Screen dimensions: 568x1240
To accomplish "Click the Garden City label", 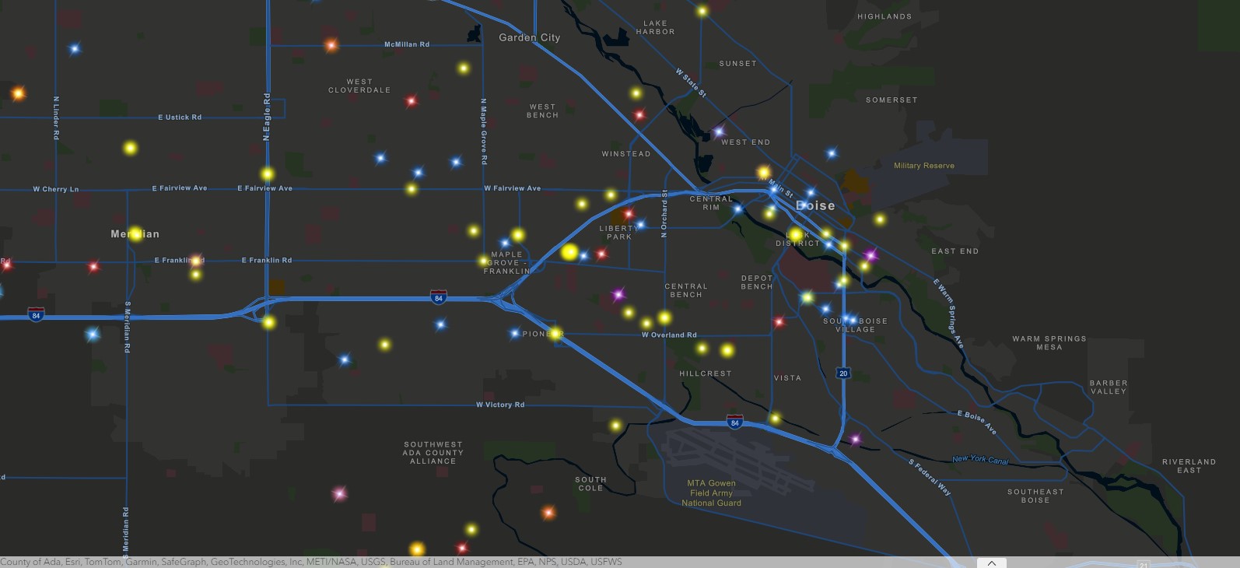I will point(529,37).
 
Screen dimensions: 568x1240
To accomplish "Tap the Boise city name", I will point(815,206).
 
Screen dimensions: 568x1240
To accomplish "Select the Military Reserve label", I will point(923,166).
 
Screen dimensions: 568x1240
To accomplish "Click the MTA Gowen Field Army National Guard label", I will point(711,493).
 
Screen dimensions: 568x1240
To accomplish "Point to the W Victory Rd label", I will point(500,405).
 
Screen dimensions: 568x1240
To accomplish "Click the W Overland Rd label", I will point(669,335).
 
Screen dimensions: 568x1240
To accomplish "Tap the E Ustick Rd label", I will point(180,117).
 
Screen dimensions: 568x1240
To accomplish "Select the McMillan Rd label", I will point(407,44).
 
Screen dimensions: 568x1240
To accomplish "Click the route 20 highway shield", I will point(843,373).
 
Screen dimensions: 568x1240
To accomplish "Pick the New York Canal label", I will point(980,459).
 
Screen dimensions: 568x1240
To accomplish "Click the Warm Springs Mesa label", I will point(1049,343).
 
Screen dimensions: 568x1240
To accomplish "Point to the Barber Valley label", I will point(1108,387).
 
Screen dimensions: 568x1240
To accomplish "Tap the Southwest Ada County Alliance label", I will point(433,453).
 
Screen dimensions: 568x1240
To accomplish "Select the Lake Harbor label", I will point(655,28).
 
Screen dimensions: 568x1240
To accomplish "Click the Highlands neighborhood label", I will point(884,16).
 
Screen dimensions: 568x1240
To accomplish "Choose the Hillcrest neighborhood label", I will point(705,373).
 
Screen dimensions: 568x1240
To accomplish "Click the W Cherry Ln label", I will point(55,189).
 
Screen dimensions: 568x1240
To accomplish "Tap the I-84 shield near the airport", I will point(734,422).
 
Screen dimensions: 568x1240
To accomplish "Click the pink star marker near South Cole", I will point(338,493).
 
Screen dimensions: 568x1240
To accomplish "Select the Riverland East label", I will point(1189,466).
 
